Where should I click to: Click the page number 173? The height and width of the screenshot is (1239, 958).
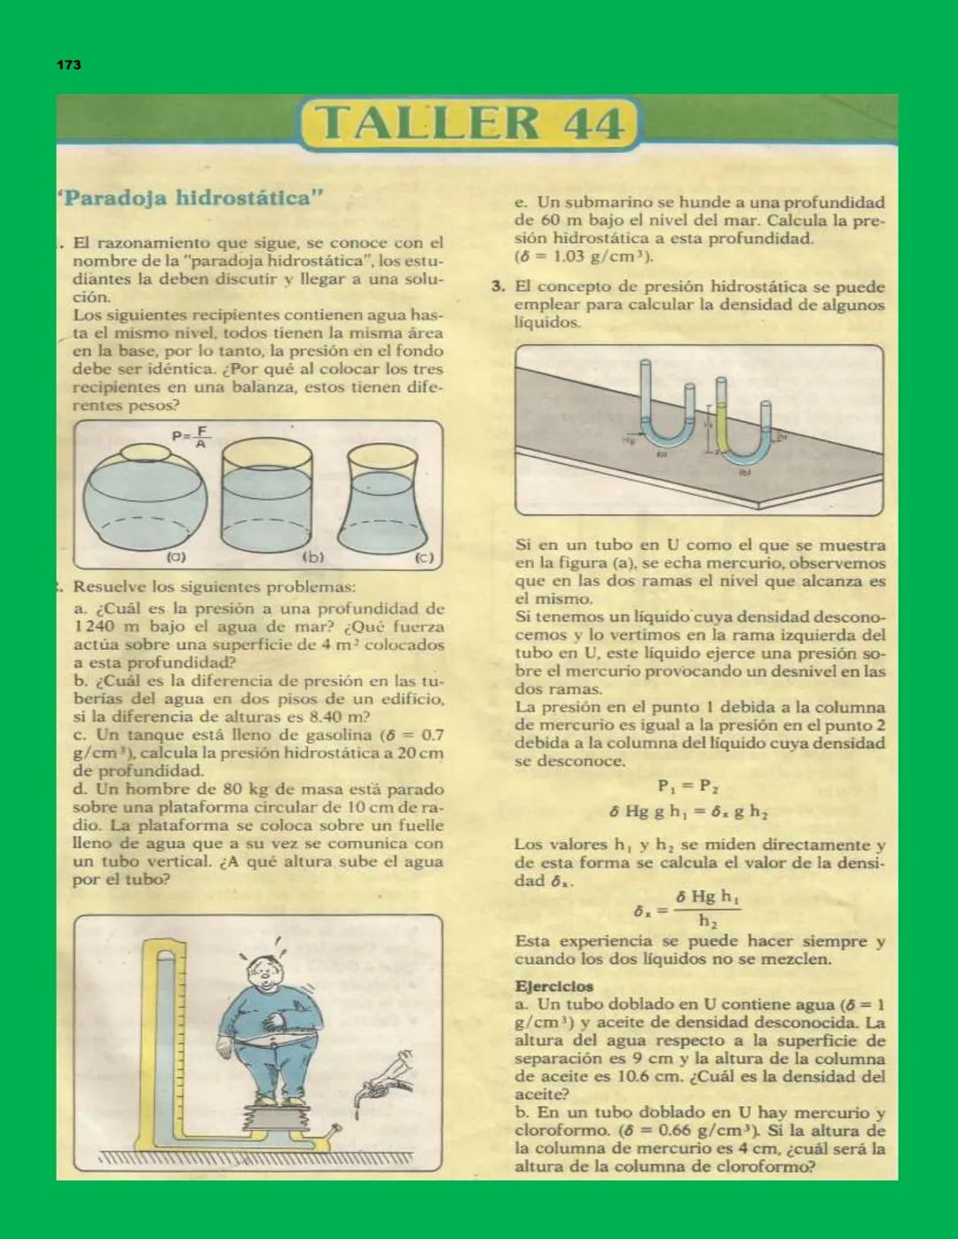[68, 65]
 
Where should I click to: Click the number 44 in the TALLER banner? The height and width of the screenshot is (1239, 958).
[592, 123]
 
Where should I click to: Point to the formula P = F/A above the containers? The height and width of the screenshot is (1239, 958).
[190, 436]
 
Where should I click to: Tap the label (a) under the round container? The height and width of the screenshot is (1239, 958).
[177, 557]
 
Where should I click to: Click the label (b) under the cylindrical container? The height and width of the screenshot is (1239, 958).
[313, 557]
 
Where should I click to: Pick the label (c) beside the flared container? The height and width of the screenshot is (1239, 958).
[425, 558]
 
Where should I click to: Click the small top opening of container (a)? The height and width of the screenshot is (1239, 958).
[145, 453]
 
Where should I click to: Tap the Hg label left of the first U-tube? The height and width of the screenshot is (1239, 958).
[629, 439]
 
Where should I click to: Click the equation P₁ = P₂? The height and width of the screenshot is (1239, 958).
[687, 786]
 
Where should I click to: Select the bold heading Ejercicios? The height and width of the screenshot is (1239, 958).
[554, 986]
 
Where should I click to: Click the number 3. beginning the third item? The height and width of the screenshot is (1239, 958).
[499, 286]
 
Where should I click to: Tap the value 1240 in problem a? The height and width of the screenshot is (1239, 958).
[95, 627]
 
